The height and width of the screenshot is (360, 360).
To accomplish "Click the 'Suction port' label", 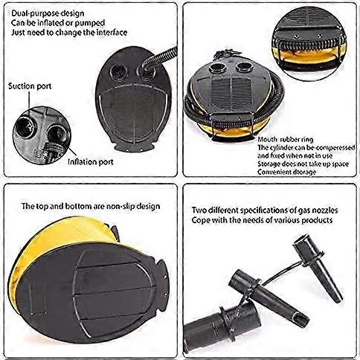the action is [30, 86].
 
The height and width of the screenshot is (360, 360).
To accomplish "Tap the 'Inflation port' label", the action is [91, 162].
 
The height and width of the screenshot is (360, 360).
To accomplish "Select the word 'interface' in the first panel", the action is [112, 33].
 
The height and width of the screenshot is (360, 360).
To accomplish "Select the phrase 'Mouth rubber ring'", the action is [286, 140].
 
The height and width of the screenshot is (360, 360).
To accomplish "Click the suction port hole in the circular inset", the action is [25, 128].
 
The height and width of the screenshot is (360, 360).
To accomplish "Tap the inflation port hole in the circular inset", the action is [57, 135].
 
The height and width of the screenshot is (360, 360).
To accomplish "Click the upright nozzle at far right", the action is [318, 269].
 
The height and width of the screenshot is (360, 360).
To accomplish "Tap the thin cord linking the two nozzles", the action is [280, 274].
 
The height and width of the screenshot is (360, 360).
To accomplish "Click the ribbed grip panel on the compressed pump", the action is [231, 94].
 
